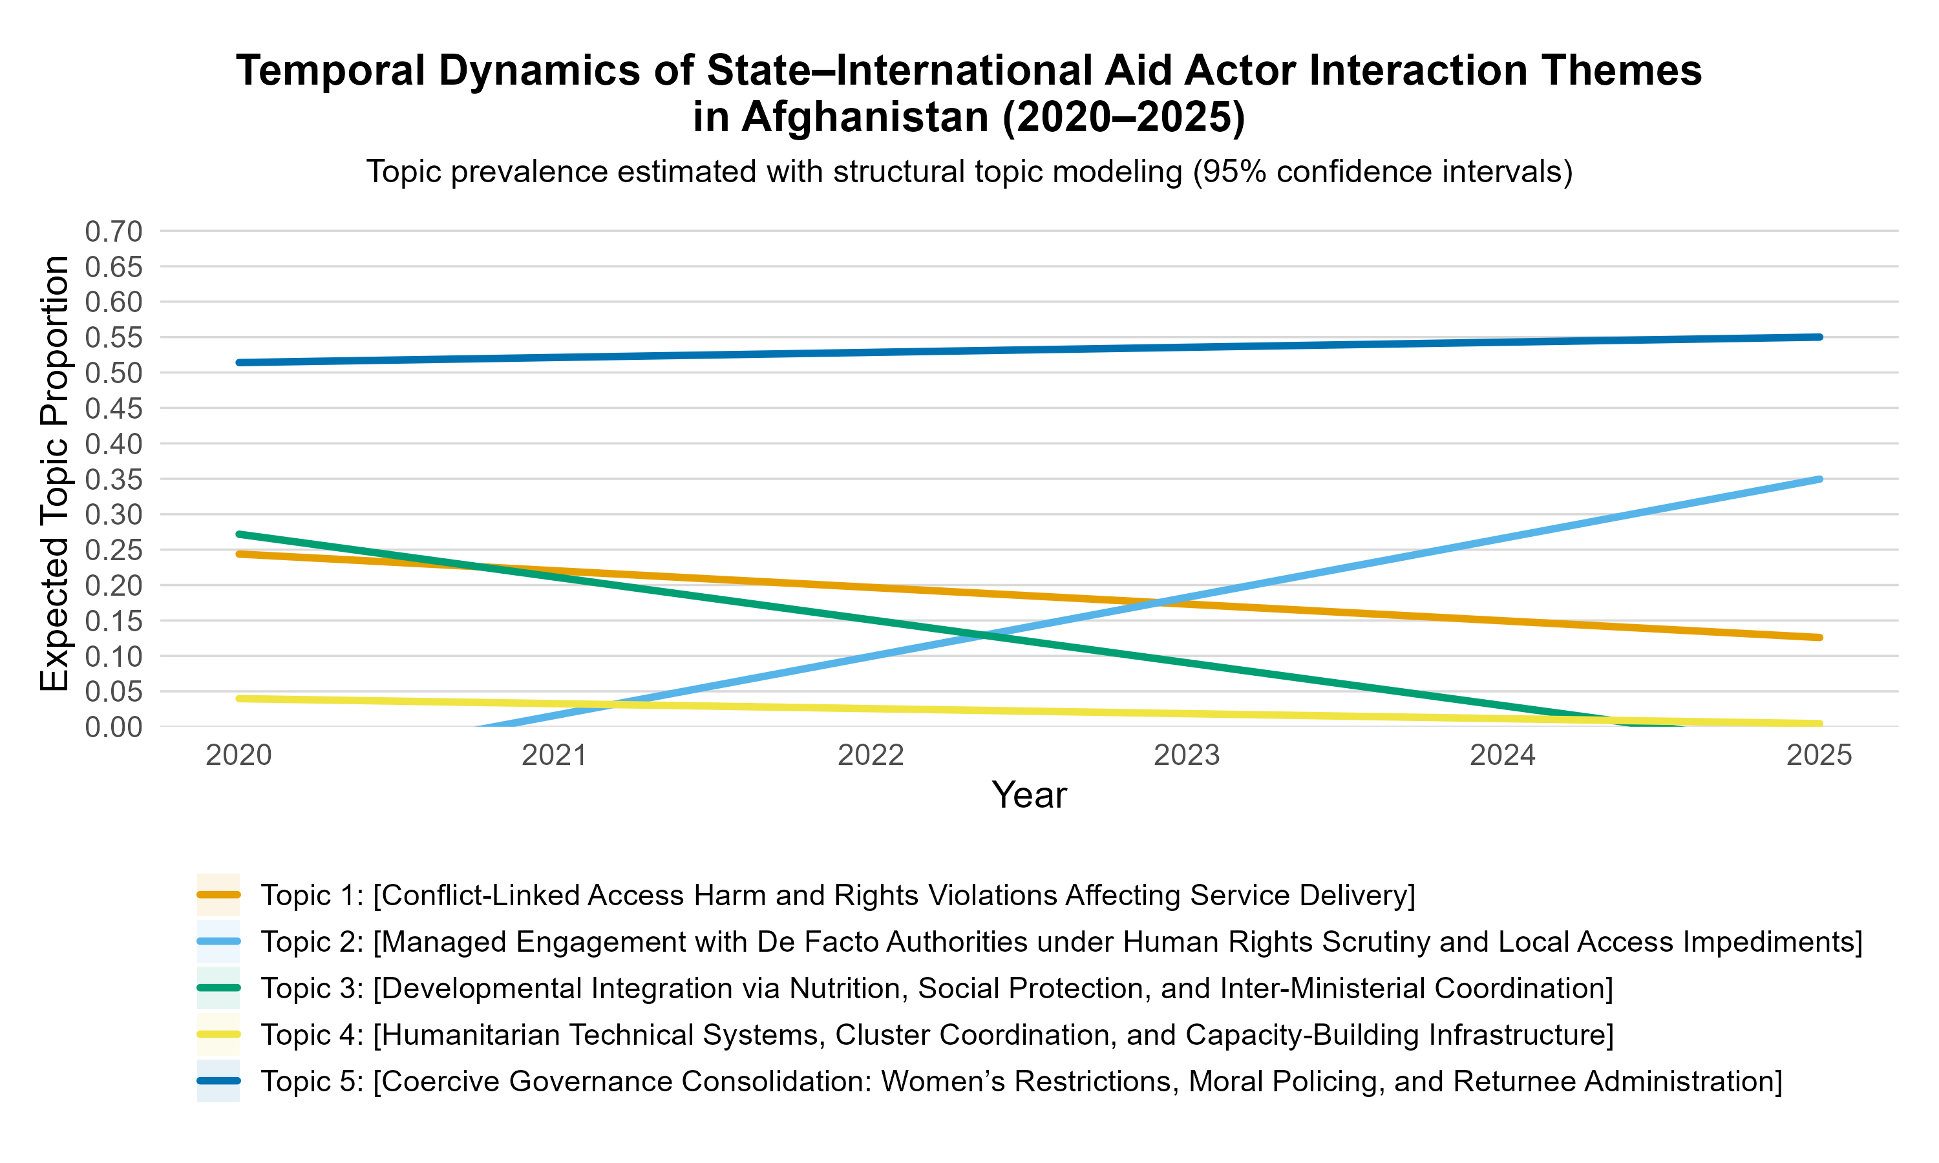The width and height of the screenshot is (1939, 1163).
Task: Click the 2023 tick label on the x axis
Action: click(1187, 755)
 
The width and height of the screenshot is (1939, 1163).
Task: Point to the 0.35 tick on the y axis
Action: click(114, 479)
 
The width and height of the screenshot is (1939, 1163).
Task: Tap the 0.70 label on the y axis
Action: click(114, 232)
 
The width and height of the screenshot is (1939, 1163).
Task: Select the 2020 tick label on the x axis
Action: click(238, 755)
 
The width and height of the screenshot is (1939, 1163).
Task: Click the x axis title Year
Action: click(1028, 795)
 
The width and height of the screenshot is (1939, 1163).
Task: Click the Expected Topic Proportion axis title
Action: click(55, 474)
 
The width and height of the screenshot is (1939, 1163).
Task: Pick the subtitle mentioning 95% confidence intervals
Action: click(969, 172)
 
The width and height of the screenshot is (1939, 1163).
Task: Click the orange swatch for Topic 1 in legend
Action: click(218, 895)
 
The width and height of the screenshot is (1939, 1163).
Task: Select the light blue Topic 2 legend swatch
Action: click(218, 941)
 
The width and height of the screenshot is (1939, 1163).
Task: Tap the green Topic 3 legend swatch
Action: click(218, 987)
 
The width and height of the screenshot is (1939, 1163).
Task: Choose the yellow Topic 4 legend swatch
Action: click(218, 1034)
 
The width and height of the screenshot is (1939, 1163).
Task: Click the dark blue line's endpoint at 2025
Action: click(1819, 337)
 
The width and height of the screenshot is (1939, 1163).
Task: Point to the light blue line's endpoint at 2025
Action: click(1819, 479)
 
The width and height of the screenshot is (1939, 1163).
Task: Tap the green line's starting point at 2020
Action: click(238, 534)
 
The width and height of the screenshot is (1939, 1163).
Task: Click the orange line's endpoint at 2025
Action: click(1819, 637)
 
